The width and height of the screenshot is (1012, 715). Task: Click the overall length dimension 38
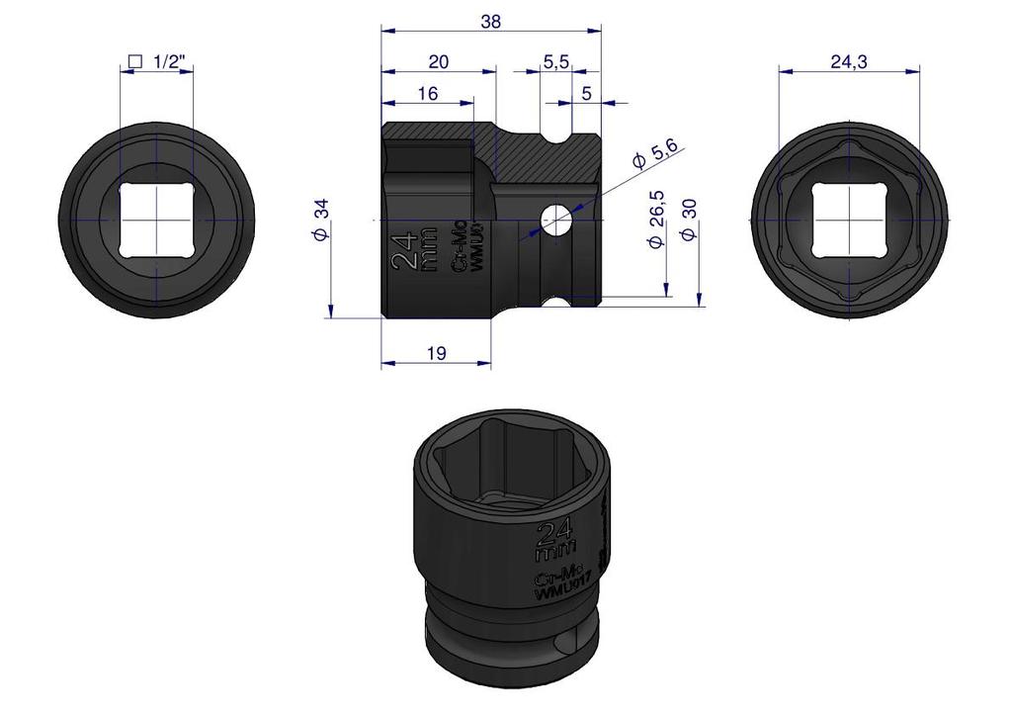[x=490, y=22]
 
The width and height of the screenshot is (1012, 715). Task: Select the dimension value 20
[x=438, y=62]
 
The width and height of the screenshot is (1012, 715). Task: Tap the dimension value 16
[x=427, y=94]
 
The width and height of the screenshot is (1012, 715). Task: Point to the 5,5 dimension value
[x=555, y=62]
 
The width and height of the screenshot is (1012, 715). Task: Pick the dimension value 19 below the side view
[x=436, y=353]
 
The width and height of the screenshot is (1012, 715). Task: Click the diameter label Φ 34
[x=321, y=220]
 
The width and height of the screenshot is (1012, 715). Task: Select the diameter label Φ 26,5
[x=656, y=220]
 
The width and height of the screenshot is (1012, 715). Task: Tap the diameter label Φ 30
[x=689, y=220]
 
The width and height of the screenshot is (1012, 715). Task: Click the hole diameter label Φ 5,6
[x=654, y=155]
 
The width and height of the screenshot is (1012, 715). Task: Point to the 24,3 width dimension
[x=849, y=62]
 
